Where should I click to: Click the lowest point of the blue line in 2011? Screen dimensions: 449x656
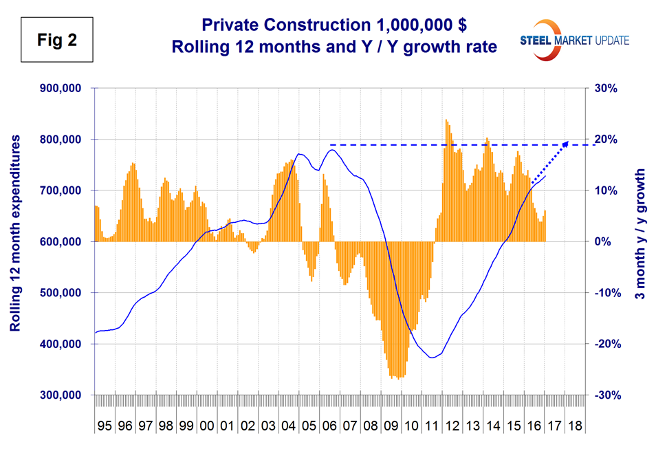[432, 358]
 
